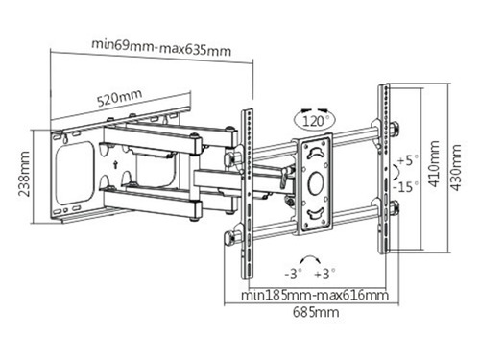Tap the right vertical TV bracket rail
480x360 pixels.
384,168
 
